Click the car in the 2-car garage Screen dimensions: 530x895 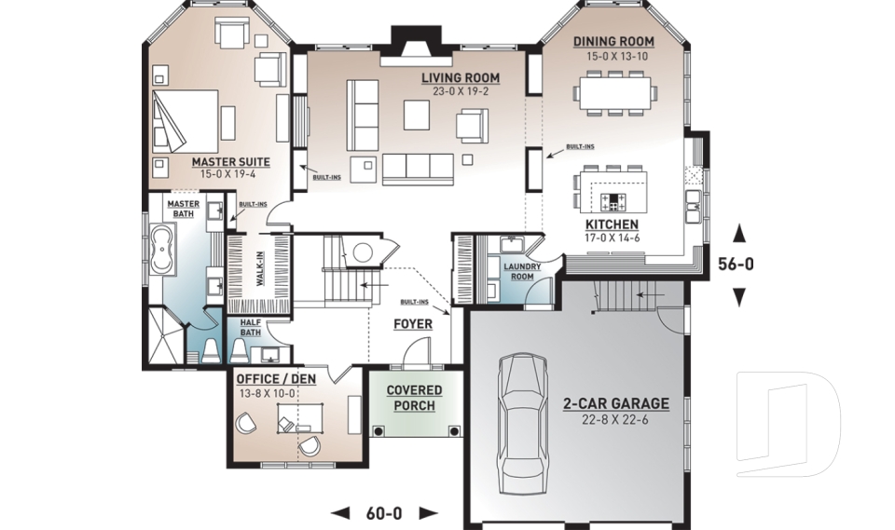point(522,424)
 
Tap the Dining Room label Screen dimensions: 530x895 point(613,41)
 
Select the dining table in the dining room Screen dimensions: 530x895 point(614,93)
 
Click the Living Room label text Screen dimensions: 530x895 point(460,77)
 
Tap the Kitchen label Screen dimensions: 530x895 point(612,224)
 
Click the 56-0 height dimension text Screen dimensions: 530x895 point(736,265)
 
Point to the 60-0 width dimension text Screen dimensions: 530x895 point(385,512)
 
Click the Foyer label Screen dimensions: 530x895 point(412,324)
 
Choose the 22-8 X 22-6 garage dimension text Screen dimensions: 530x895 point(615,420)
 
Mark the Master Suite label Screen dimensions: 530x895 point(230,162)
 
